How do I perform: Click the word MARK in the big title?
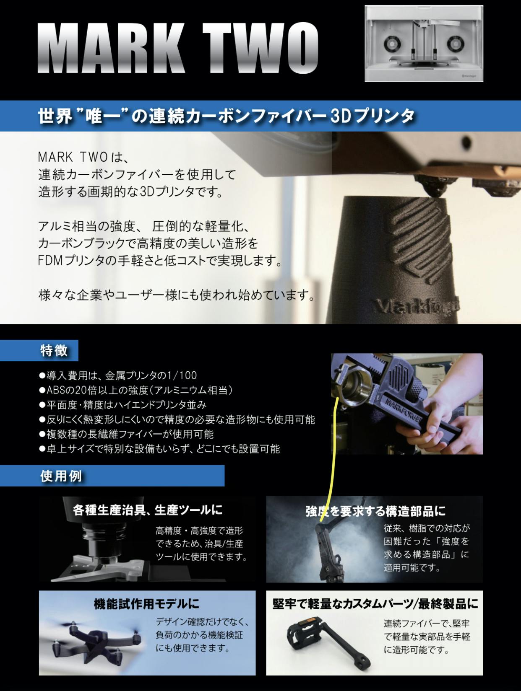click(110, 48)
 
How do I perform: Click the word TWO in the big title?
click(260, 48)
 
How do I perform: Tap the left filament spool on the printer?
click(393, 43)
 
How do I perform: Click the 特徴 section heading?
click(54, 350)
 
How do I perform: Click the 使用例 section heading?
click(61, 476)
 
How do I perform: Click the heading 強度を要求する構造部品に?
click(376, 511)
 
